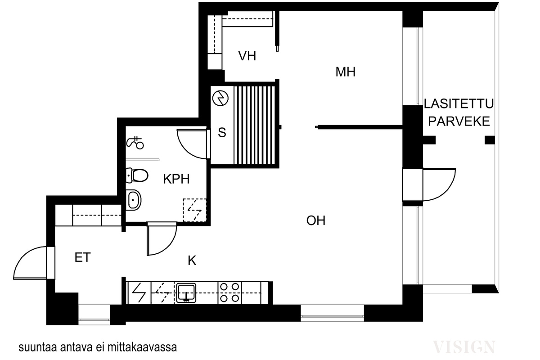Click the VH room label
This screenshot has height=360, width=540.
point(247,56)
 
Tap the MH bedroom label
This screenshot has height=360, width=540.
point(346,72)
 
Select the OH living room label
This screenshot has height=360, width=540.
point(315,220)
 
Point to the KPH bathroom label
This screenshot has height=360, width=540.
point(176,179)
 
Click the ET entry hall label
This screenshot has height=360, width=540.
point(82,258)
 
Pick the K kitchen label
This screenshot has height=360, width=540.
point(192,261)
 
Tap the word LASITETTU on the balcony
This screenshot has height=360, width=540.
point(459,104)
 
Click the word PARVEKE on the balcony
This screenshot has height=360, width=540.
point(459,121)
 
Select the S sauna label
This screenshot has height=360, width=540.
point(221,133)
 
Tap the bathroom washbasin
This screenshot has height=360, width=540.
point(134,199)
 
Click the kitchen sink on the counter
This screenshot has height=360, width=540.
point(185,292)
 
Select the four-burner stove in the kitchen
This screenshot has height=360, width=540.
point(229,292)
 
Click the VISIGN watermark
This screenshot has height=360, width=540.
point(464,346)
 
